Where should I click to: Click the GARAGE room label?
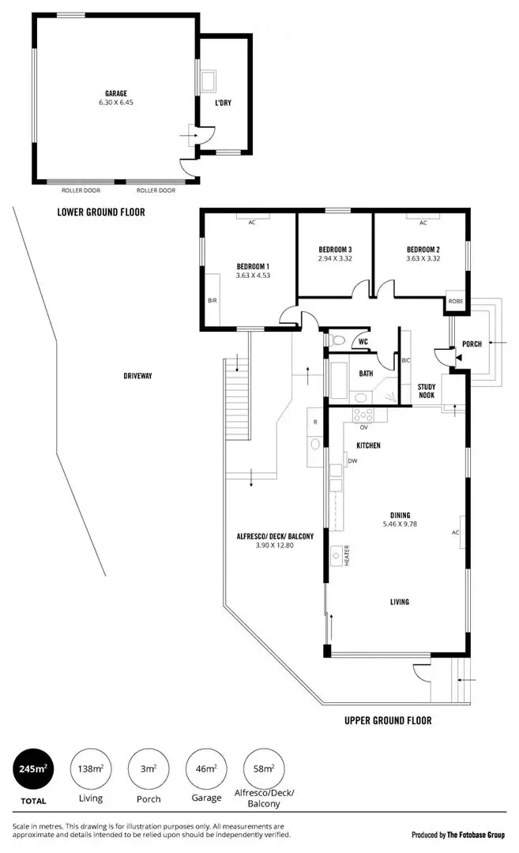[116, 92]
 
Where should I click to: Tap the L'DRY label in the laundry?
[223, 103]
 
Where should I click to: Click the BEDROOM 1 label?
[253, 266]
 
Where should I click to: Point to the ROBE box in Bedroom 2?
[456, 301]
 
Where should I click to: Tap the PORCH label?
[472, 344]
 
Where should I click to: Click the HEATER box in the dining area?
[345, 555]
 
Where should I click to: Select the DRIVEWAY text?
[137, 376]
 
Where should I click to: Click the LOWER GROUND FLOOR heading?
[100, 212]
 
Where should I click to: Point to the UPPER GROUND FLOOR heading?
[388, 720]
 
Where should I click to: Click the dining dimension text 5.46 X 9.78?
[399, 524]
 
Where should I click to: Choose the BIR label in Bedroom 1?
[212, 301]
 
